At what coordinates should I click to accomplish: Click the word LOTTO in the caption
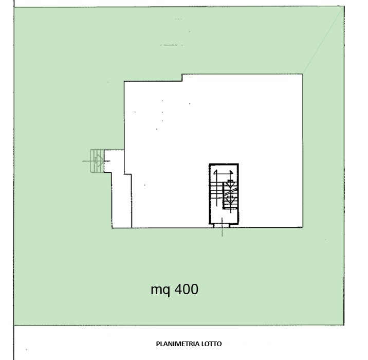212,344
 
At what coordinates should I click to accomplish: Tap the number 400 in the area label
187,289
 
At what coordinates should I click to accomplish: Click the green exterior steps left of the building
97,161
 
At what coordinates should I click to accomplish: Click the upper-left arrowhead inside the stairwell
215,172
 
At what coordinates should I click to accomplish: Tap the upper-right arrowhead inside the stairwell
231,173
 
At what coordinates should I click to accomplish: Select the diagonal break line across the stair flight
231,192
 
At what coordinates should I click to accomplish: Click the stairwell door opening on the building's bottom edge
222,226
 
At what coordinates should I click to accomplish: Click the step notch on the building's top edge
182,78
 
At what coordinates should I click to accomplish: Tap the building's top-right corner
302,74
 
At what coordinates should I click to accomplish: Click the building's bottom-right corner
303,227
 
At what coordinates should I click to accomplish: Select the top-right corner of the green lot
344,6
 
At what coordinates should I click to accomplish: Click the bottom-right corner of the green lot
344,325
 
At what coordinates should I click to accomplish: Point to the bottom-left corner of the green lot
14,326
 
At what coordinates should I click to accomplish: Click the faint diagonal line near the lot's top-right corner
323,40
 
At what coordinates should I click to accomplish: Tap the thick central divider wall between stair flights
224,196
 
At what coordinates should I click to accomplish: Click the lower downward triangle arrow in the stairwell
230,200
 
